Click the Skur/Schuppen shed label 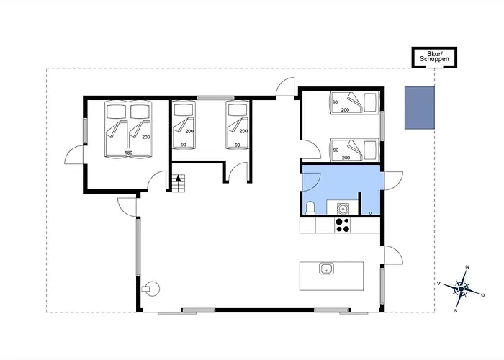click(x=434, y=57)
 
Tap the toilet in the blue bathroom click(x=311, y=207)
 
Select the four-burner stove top click(x=343, y=225)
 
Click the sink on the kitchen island click(x=327, y=269)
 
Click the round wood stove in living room click(x=151, y=289)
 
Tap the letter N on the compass click(x=467, y=267)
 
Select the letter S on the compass click(x=456, y=311)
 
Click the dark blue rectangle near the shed click(x=420, y=108)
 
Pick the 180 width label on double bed click(x=129, y=153)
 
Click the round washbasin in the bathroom click(x=343, y=209)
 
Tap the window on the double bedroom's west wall click(x=85, y=131)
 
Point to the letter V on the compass click(x=438, y=284)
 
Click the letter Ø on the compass click(x=483, y=294)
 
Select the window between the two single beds click(x=216, y=98)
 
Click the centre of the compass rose click(x=462, y=289)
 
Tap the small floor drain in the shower click(x=371, y=213)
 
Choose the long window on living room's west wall click(x=138, y=247)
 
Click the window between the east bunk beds click(x=382, y=126)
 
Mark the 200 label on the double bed click(x=146, y=137)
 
